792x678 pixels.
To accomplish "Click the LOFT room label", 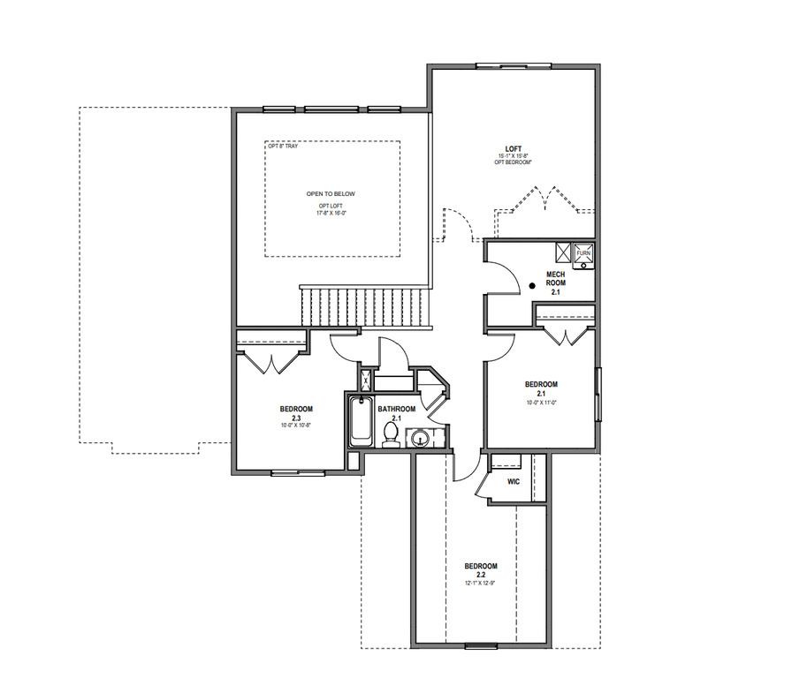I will (513, 149).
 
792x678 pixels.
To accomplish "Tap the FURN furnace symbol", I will (583, 253).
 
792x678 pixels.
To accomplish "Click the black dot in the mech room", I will (531, 286).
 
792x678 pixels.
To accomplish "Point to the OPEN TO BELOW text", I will (331, 194).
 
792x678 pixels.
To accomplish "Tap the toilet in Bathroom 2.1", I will (390, 433).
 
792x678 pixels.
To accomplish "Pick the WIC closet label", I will (514, 482).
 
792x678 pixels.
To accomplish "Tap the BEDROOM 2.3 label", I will (296, 413).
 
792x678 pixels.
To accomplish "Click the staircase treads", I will (365, 307).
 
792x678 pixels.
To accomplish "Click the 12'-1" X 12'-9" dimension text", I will (481, 582).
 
